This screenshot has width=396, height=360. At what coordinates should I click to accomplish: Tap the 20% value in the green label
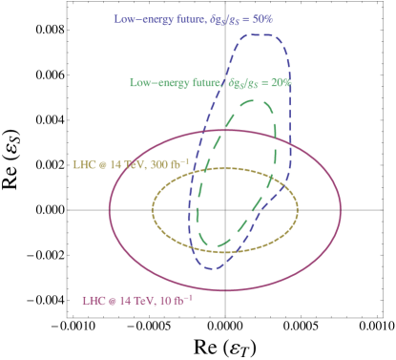coord(280,83)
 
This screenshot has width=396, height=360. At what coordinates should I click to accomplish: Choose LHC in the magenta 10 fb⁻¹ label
coord(93,300)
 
